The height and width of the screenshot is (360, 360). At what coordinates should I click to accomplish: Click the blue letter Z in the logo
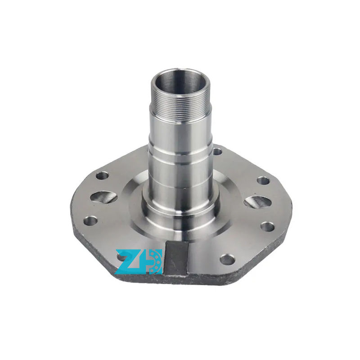click(x=129, y=262)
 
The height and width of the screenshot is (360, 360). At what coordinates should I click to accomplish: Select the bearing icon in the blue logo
click(x=154, y=262)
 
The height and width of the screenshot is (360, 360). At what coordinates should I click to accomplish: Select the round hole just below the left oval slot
click(x=90, y=221)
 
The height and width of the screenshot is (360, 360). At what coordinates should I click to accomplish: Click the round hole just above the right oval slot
click(x=263, y=181)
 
